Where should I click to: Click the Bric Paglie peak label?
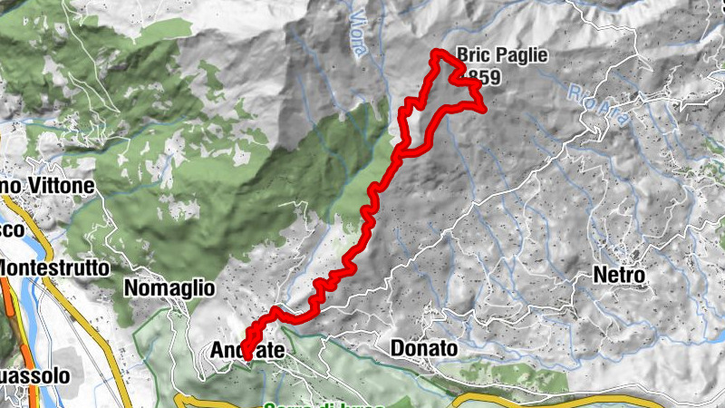tap(502, 56)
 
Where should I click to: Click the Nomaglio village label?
tap(169, 289)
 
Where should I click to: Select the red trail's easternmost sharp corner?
tap(485, 110)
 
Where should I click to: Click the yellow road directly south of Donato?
tap(471, 396)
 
